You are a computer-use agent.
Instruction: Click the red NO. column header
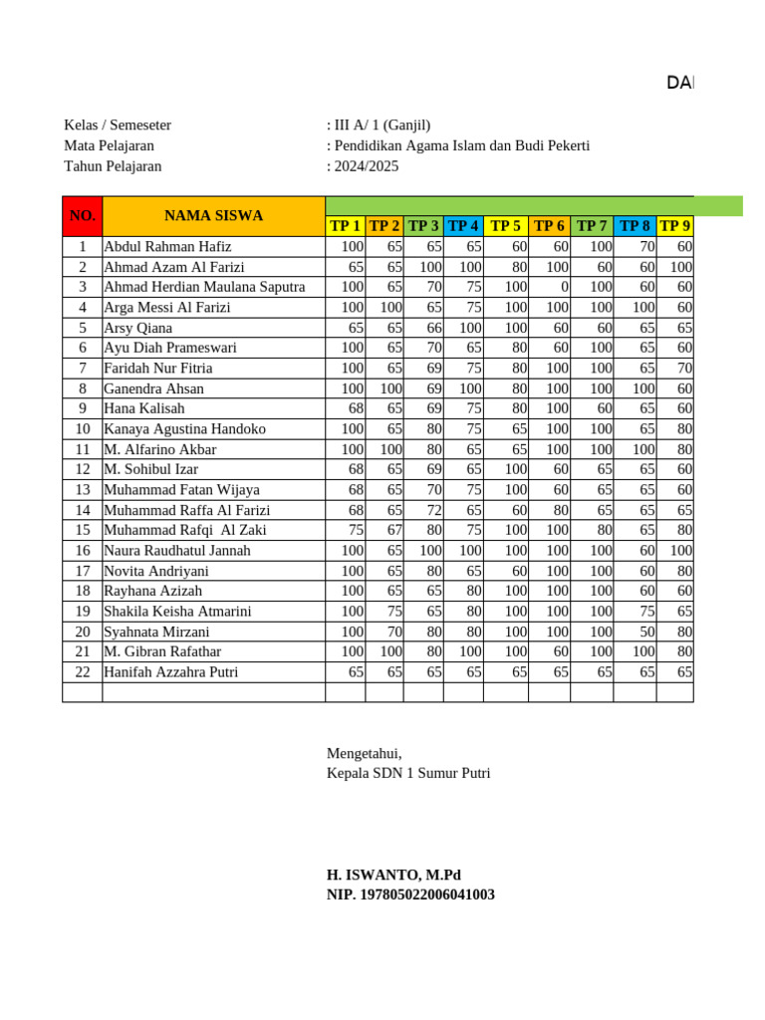pyautogui.click(x=83, y=216)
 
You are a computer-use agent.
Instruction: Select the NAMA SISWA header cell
pyautogui.click(x=213, y=216)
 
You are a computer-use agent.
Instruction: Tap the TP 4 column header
pyautogui.click(x=463, y=226)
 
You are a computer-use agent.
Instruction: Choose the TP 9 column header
pyautogui.click(x=675, y=226)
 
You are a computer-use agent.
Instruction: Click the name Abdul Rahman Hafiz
pyautogui.click(x=167, y=246)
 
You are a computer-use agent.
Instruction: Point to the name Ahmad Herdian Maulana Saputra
pyautogui.click(x=204, y=287)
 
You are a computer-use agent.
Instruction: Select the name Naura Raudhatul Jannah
pyautogui.click(x=177, y=550)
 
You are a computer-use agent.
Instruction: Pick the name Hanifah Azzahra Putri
pyautogui.click(x=171, y=671)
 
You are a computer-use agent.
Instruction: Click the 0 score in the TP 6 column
pyautogui.click(x=564, y=287)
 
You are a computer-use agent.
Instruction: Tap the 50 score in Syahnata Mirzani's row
pyautogui.click(x=646, y=632)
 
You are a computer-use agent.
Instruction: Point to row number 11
pyautogui.click(x=83, y=449)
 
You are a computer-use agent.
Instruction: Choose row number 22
pyautogui.click(x=83, y=671)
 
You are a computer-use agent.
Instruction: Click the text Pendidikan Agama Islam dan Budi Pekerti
pyautogui.click(x=461, y=145)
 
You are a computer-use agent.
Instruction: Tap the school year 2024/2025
pyautogui.click(x=365, y=166)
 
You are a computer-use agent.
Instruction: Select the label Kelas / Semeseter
pyautogui.click(x=118, y=125)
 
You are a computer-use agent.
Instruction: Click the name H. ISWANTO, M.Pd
pyautogui.click(x=393, y=875)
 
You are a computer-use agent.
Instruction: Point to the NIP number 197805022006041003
pyautogui.click(x=410, y=894)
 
